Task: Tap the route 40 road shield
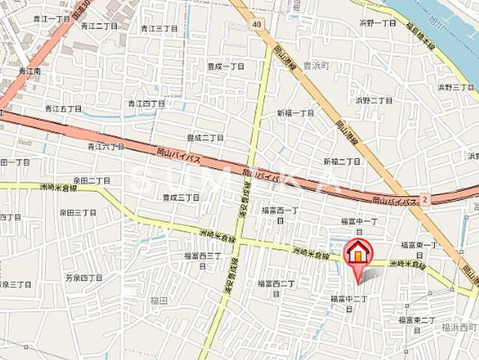257,25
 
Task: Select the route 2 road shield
424,199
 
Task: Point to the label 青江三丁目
159,28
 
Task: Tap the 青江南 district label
31,72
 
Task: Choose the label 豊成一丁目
226,66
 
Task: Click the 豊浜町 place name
316,65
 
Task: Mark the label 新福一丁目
295,112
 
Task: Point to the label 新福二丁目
342,161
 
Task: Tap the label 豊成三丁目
181,197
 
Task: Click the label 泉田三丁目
78,212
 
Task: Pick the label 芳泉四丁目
83,277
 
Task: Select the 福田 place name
158,300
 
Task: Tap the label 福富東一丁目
419,249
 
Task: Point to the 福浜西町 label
459,327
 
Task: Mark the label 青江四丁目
146,103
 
